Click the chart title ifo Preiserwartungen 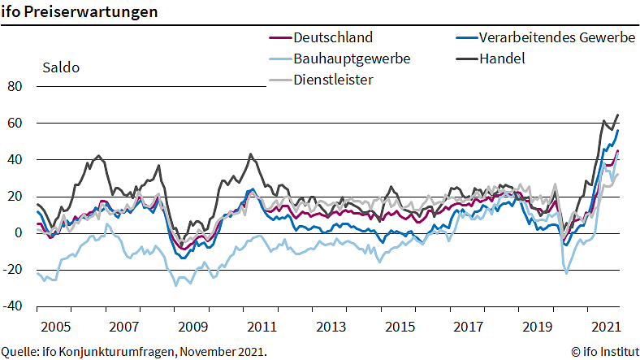(79, 13)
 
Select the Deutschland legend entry (333, 37)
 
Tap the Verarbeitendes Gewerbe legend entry (556, 37)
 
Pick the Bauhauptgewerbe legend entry (352, 59)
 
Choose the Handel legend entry (502, 59)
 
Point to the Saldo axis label (60, 67)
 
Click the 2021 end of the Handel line (618, 115)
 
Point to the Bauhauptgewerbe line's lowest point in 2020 (566, 273)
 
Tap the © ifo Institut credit (605, 352)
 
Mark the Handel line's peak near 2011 (250, 154)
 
